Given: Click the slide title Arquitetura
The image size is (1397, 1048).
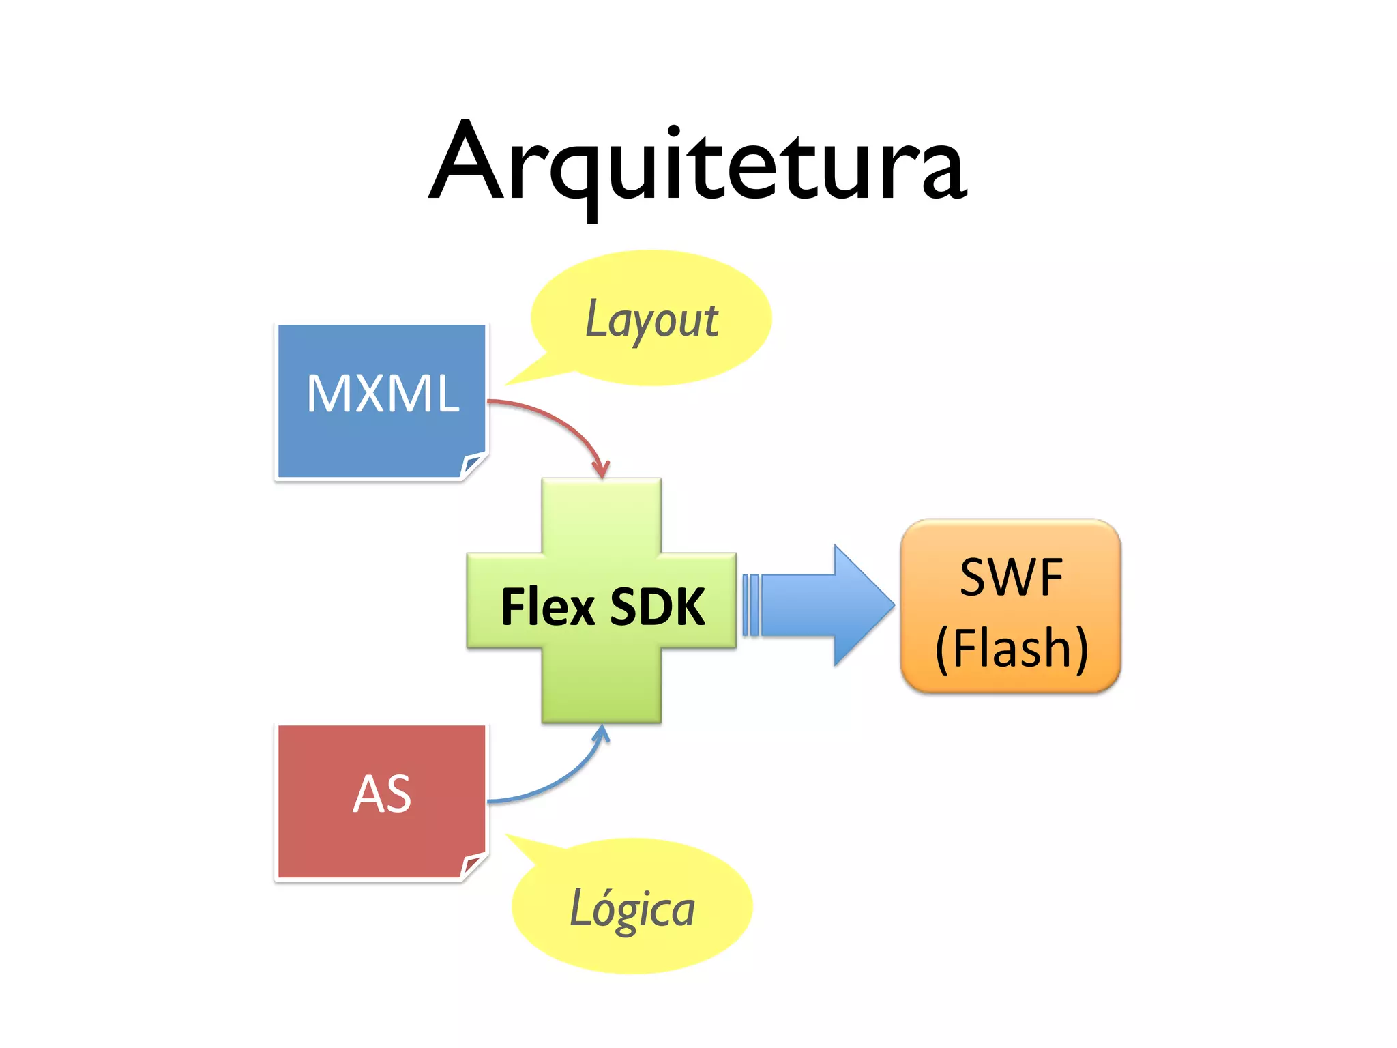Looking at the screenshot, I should coord(697,164).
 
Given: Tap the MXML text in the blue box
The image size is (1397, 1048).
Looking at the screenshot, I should coord(383,394).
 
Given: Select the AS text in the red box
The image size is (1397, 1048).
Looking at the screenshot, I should coord(382,794).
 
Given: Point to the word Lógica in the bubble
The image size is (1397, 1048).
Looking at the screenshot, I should coord(632,909).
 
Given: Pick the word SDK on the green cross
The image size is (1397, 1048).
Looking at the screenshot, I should coord(657,607).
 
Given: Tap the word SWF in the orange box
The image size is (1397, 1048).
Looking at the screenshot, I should coord(1011,578).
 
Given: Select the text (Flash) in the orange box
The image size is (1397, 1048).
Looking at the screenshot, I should coord(1011,648).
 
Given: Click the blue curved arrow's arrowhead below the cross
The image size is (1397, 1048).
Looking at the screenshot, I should coord(601,734).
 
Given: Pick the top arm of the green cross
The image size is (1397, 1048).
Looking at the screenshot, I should coord(601,515).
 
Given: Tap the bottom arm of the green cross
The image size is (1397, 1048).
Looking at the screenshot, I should coord(601,686).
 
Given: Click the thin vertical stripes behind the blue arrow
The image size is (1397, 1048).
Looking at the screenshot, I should coord(750,605).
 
